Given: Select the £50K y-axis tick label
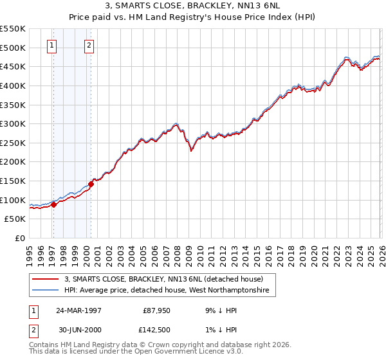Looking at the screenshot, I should click(x=15, y=219).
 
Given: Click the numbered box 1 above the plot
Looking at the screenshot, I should click(x=51, y=45).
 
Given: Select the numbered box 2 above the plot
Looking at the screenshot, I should click(x=89, y=45).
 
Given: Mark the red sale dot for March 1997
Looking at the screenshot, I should click(x=54, y=204).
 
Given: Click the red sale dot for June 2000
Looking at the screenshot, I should click(x=91, y=184).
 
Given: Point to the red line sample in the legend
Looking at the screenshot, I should click(x=46, y=279).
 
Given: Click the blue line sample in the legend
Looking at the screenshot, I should click(x=46, y=291).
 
